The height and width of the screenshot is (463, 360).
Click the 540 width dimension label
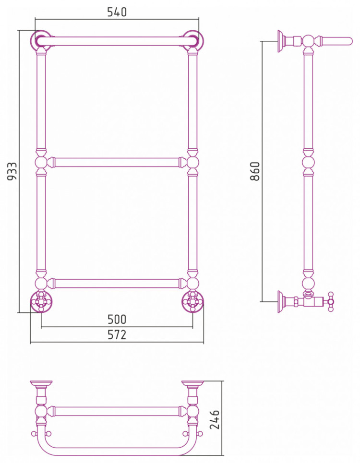point(117,12)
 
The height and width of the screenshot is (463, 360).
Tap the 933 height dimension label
point(12,171)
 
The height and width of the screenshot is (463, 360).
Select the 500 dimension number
point(117,319)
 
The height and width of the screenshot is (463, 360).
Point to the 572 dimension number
point(117,334)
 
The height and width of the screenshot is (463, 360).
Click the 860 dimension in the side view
point(254,171)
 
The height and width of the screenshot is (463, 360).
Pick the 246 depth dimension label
point(214,420)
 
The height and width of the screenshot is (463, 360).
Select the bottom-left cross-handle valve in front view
point(41,301)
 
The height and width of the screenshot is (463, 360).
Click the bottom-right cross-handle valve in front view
point(193,301)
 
